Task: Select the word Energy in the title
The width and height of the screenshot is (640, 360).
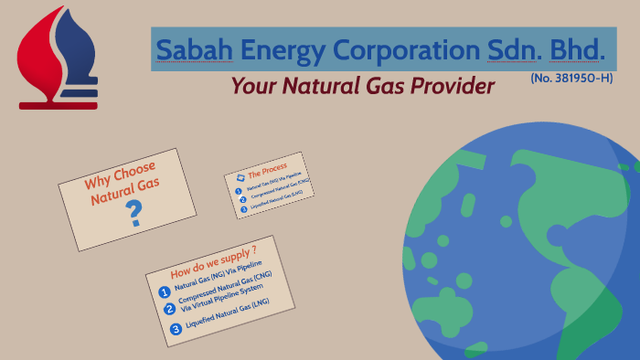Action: pos(283,50)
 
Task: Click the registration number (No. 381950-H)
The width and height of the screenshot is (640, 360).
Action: pos(571,79)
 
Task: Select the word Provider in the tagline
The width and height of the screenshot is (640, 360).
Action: pos(449,87)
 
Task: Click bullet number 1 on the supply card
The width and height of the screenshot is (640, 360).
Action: pos(165,292)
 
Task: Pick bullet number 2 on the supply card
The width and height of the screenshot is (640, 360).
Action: pos(169,309)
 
